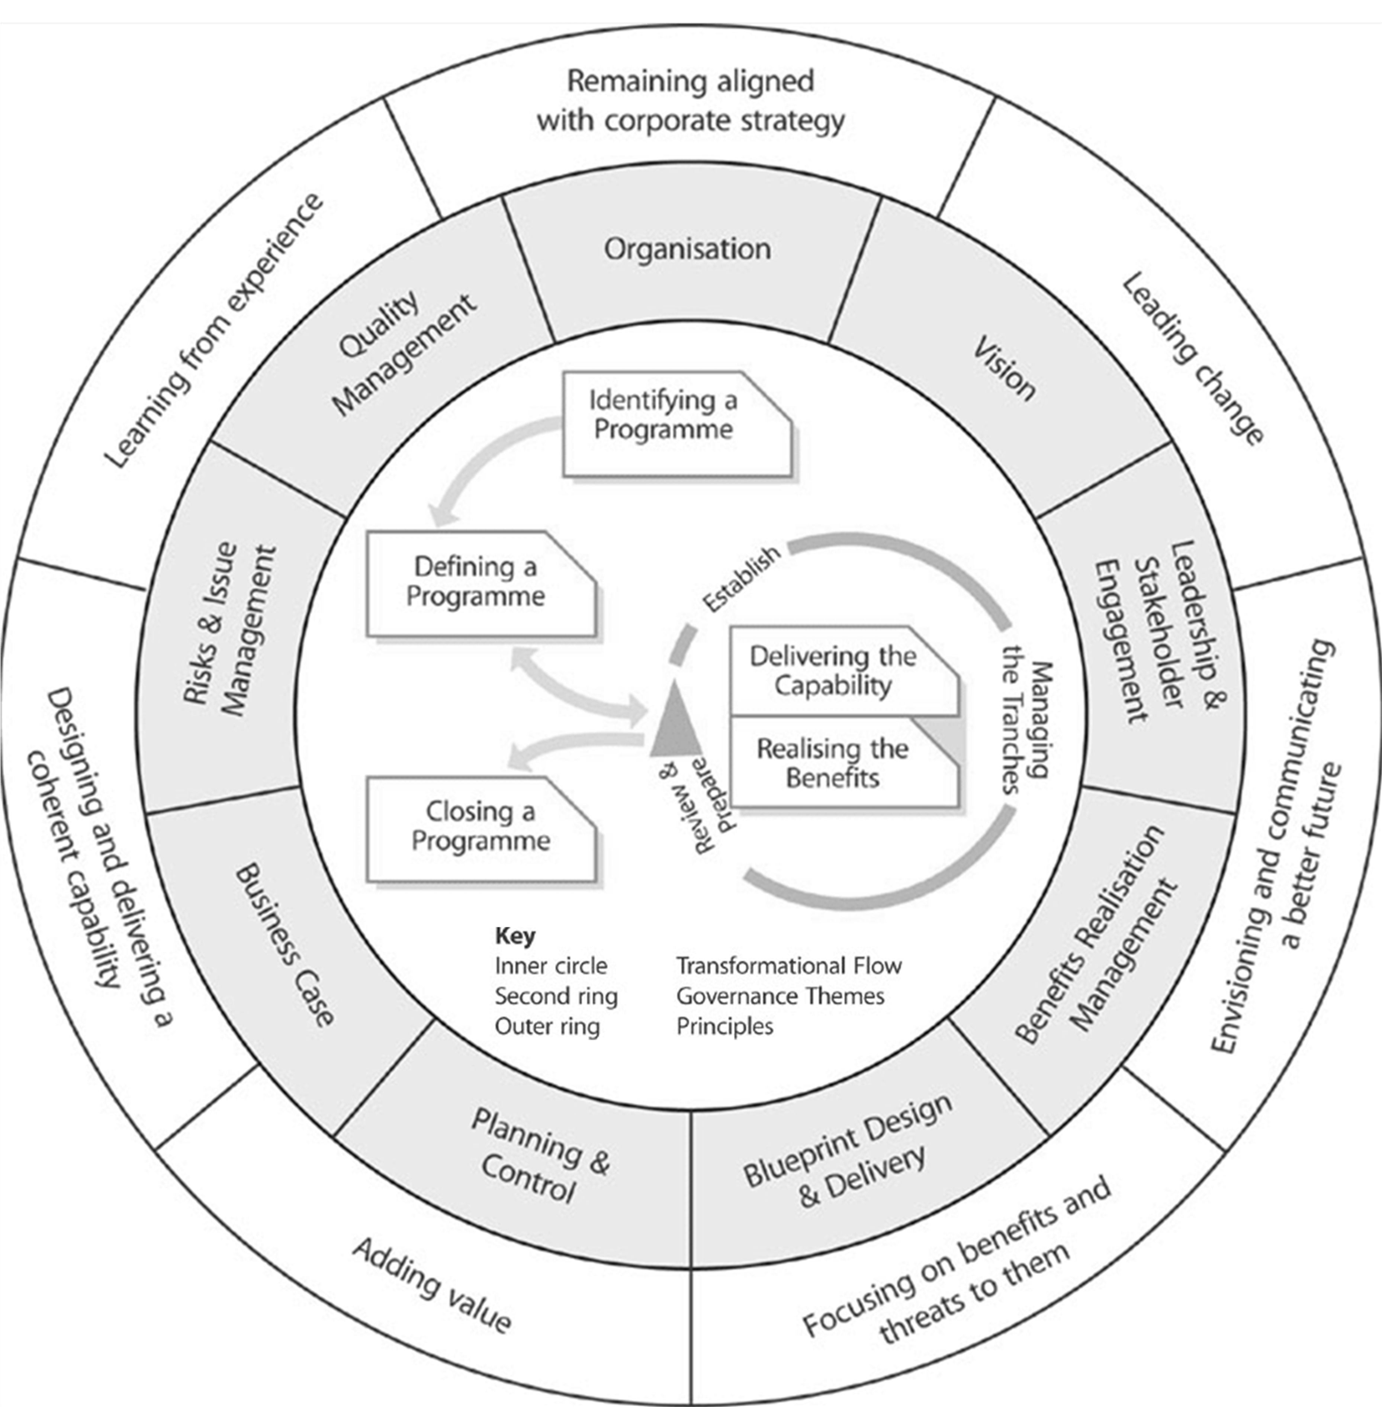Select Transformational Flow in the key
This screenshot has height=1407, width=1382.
[788, 966]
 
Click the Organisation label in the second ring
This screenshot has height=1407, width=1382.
[687, 249]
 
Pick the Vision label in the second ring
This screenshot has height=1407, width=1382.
[1004, 368]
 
